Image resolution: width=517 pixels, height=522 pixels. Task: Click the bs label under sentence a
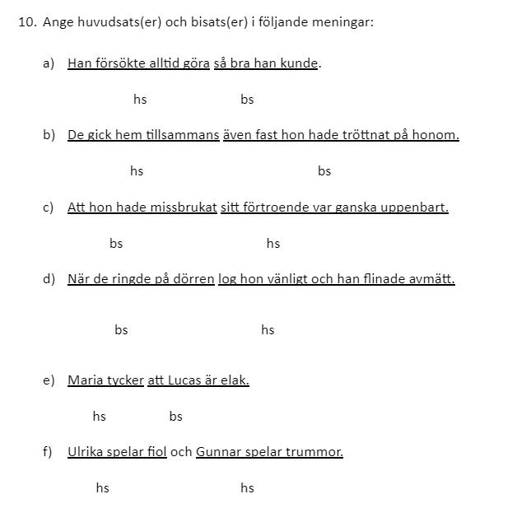click(x=247, y=100)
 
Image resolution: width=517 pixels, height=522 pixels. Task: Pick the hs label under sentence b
click(x=137, y=171)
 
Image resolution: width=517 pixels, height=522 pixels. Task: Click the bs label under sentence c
click(x=116, y=244)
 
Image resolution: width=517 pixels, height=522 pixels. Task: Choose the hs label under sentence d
click(x=268, y=330)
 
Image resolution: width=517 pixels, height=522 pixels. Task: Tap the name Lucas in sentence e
click(x=187, y=380)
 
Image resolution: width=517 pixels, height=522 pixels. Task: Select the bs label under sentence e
click(x=175, y=417)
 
